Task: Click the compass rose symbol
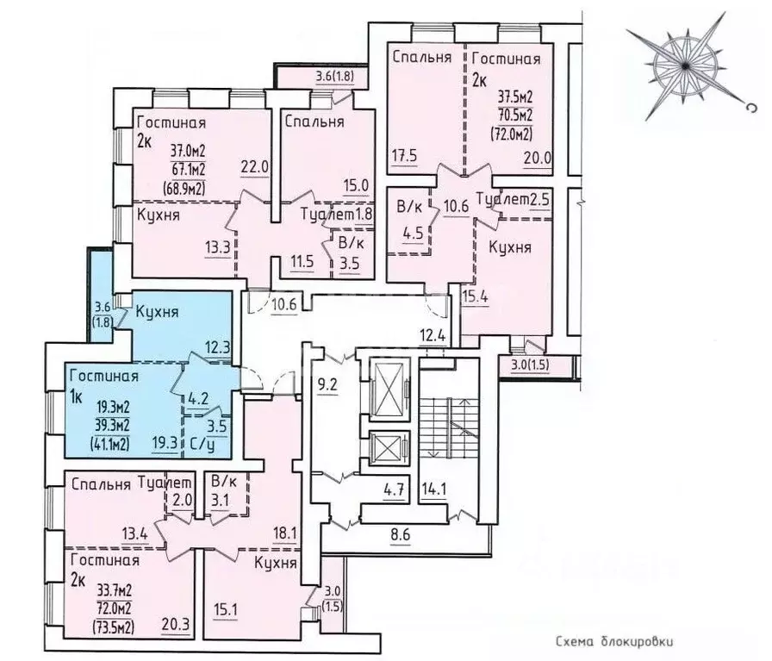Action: point(685,65)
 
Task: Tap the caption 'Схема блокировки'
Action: point(614,641)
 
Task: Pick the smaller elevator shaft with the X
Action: point(389,448)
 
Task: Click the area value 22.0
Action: point(254,167)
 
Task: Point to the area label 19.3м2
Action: point(113,407)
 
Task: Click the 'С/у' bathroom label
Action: point(201,444)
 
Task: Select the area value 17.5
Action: point(405,156)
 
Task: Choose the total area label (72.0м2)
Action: point(512,134)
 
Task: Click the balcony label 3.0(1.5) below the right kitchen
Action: point(530,365)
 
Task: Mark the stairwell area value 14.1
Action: point(433,490)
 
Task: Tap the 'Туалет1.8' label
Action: point(336,215)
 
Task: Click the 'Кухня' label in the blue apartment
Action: point(157,312)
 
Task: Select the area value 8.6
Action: point(400,534)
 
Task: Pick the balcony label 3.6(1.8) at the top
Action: point(335,77)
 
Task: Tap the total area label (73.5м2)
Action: point(113,627)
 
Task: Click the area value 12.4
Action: point(433,338)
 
